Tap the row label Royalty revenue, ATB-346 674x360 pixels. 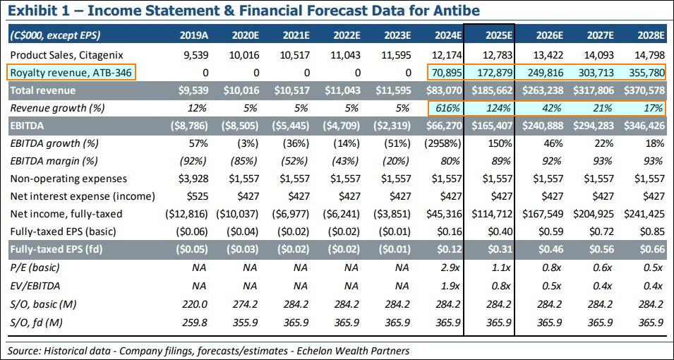pyautogui.click(x=71, y=72)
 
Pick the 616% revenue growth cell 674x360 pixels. pyautogui.click(x=448, y=108)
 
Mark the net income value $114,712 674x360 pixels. pyautogui.click(x=492, y=213)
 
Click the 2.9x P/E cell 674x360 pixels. pyautogui.click(x=451, y=268)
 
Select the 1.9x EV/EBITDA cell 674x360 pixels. pyautogui.click(x=451, y=285)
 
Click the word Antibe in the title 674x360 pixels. pyautogui.click(x=458, y=11)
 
